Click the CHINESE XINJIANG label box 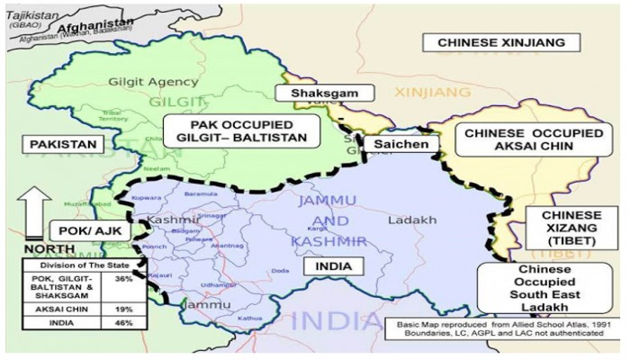click(x=500, y=42)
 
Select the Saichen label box click(x=396, y=143)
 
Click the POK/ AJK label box click(x=85, y=231)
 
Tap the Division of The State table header click(x=83, y=266)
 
